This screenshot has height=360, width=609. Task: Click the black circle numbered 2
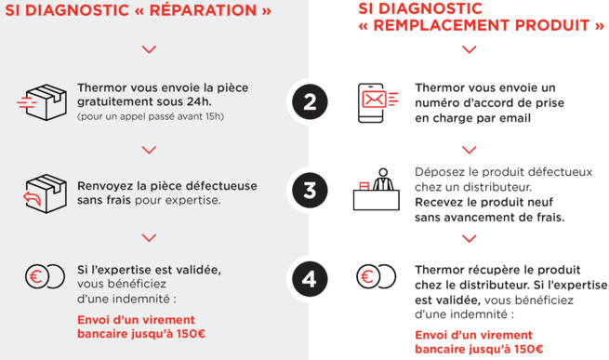(x=310, y=101)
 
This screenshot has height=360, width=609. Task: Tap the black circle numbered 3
(x=310, y=191)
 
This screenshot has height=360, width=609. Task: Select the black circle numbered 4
(x=310, y=279)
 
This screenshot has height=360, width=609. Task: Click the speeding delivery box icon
(x=43, y=102)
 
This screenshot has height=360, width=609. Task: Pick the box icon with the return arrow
(x=45, y=193)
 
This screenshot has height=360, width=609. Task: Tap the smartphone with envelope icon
(x=377, y=102)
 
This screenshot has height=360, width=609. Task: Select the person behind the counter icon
(x=376, y=190)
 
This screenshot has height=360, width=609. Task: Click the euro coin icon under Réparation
(x=45, y=276)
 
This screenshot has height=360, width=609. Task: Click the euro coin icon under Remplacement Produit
(x=376, y=276)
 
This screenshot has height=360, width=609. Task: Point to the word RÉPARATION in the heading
(x=203, y=10)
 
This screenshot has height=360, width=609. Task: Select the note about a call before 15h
(x=151, y=116)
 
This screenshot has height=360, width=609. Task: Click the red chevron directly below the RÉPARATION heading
(x=149, y=49)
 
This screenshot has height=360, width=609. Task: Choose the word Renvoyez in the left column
(x=103, y=186)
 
